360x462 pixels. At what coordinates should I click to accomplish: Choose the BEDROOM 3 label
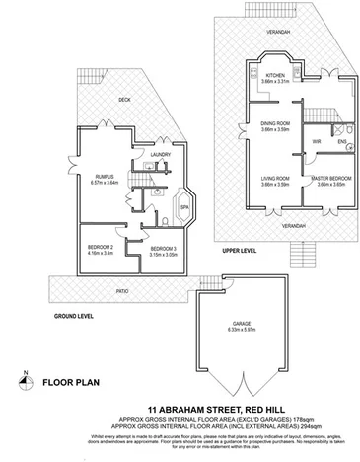click(163, 249)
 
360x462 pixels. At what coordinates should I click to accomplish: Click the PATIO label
click(122, 291)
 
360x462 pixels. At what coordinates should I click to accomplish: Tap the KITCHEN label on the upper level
click(275, 74)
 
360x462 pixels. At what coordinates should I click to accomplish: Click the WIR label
click(317, 141)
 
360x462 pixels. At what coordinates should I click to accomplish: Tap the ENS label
click(342, 141)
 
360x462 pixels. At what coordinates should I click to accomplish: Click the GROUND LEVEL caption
click(45, 314)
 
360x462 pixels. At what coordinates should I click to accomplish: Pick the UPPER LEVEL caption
click(242, 250)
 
